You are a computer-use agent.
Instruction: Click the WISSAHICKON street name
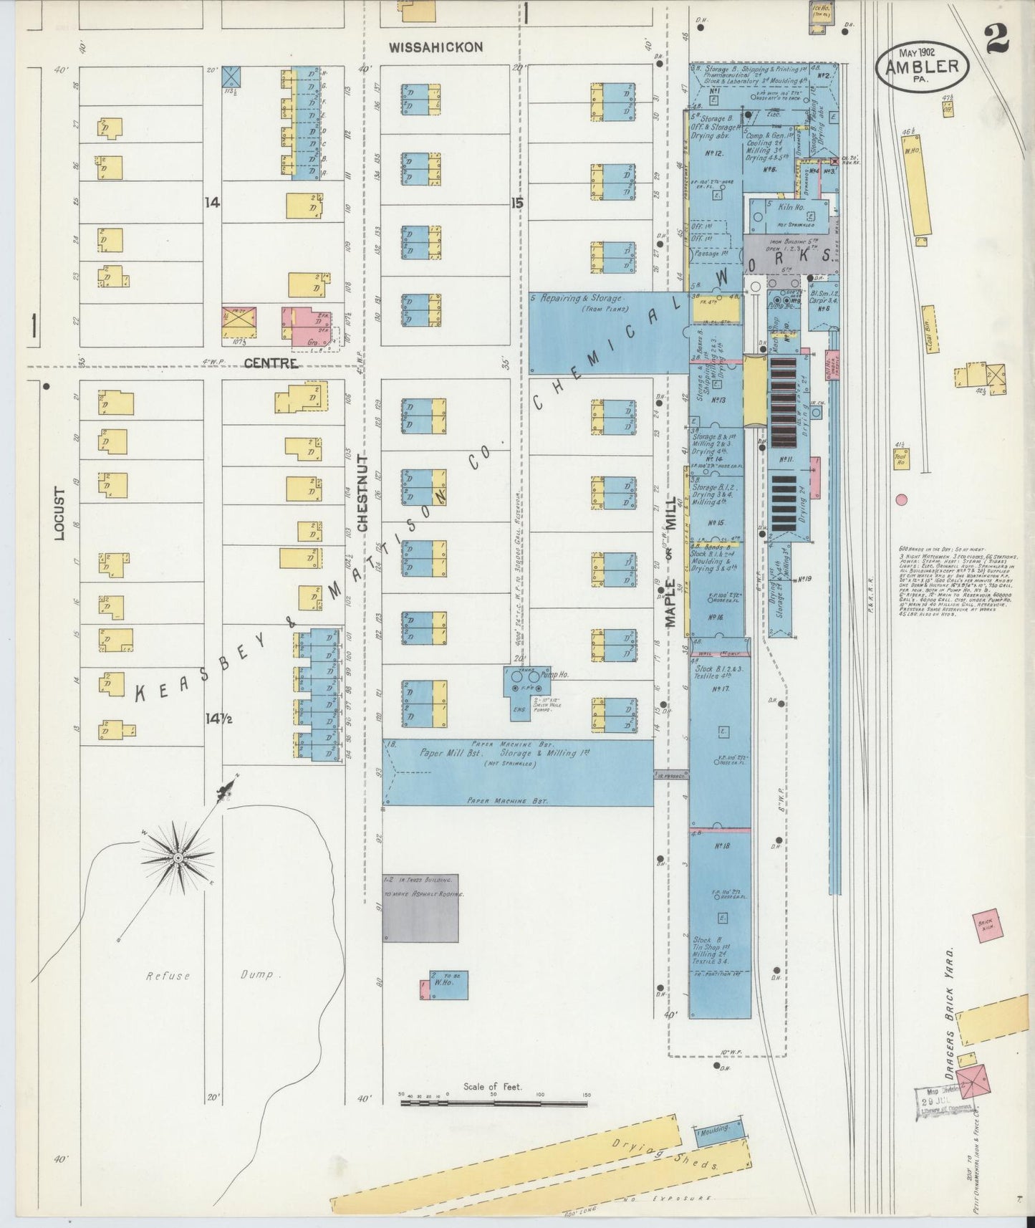tap(435, 47)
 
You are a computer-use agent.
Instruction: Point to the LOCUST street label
tap(60, 514)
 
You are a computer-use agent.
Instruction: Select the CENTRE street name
tap(271, 363)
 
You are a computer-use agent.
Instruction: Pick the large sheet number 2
tap(997, 39)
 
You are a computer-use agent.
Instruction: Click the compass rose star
tap(178, 858)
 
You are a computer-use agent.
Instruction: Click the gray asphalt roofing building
tap(420, 908)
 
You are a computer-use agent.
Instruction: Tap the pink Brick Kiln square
tap(988, 924)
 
